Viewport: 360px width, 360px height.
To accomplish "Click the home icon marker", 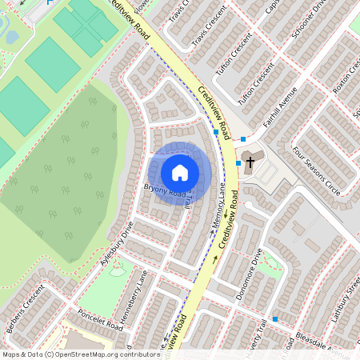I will click(x=180, y=172).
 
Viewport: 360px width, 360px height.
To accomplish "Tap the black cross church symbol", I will click(x=250, y=162).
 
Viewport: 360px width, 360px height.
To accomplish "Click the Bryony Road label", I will click(x=164, y=191).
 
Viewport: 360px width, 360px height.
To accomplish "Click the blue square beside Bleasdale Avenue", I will click(x=275, y=318).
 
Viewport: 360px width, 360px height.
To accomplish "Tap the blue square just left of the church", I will click(x=238, y=162).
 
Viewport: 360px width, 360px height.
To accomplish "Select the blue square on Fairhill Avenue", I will click(x=243, y=139).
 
